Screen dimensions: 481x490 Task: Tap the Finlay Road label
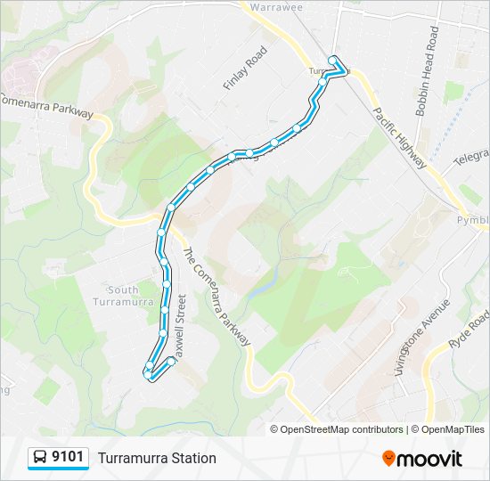coord(245,69)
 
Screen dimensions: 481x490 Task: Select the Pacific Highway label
coord(400,137)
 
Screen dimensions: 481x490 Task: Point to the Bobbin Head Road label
coord(427,72)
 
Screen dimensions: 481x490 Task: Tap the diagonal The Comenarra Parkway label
coord(216,296)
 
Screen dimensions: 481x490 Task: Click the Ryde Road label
coord(470,330)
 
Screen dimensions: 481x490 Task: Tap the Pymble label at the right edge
coord(473,219)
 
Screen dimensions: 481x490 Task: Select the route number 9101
coord(68,458)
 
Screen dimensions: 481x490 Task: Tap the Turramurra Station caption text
coord(157,459)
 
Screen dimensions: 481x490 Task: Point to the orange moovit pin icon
coord(388,458)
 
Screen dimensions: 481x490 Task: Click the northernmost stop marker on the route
coord(333,60)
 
